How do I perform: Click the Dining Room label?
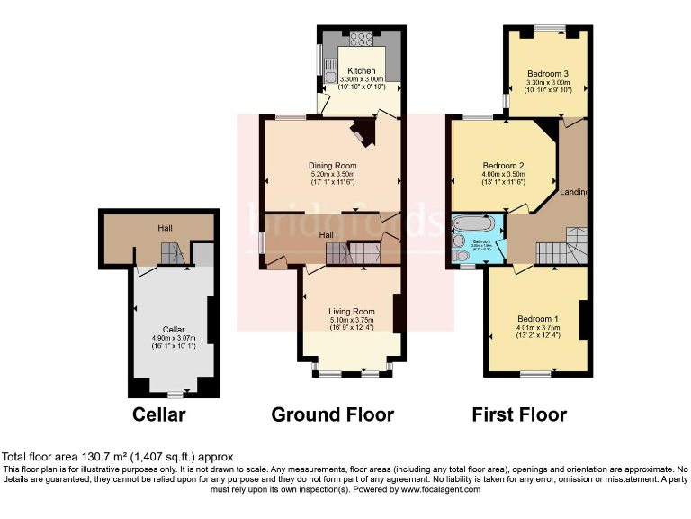tap(333, 166)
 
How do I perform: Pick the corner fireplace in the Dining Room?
tap(363, 132)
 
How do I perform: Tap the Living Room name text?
tap(351, 310)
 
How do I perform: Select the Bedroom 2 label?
tap(503, 165)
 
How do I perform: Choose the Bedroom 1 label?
tap(537, 319)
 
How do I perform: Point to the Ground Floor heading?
tap(332, 414)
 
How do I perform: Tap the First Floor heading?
tap(519, 414)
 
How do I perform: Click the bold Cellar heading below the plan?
tap(159, 414)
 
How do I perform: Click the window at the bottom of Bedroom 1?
tap(536, 374)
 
